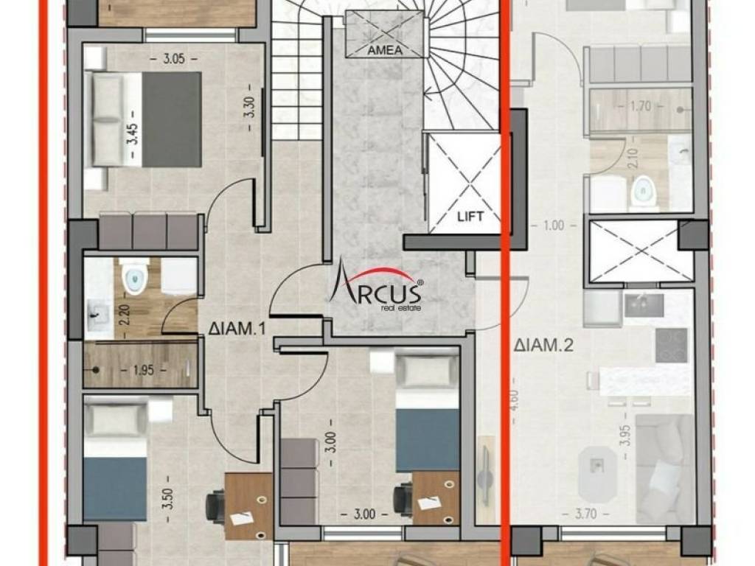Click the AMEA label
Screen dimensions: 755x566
coord(385,49)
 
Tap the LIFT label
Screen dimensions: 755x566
coord(470,216)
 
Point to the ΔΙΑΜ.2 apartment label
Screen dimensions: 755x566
coord(543,345)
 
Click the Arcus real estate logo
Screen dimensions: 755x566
coord(376,285)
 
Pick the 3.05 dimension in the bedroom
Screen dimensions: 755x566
coord(174,59)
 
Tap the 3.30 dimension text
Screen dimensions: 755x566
coord(249,108)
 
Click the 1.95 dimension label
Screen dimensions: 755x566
coord(144,370)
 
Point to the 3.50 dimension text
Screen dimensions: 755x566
coord(168,499)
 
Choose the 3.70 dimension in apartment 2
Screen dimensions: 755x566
coord(585,514)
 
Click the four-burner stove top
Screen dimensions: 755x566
coord(671,345)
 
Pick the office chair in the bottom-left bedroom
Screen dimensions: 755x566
coord(215,506)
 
